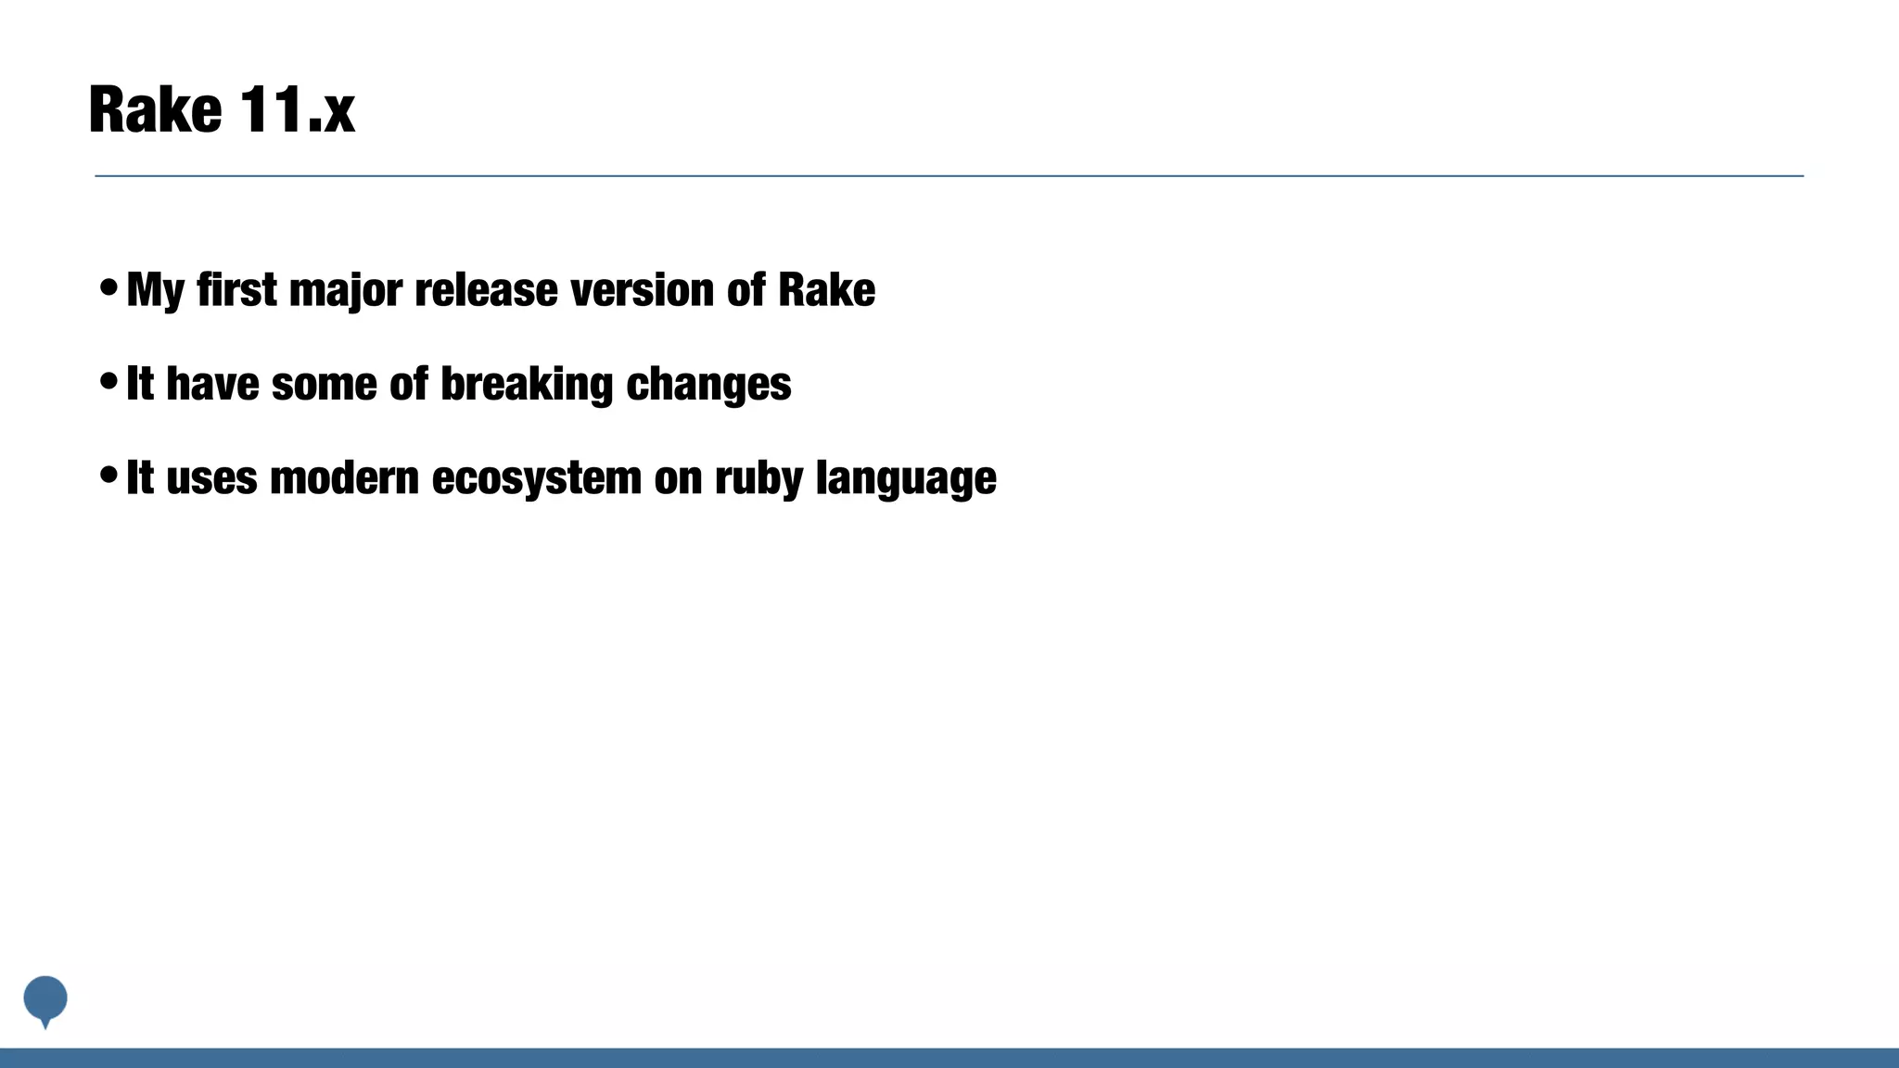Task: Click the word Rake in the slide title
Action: tap(155, 110)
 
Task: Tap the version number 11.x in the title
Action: tap(297, 110)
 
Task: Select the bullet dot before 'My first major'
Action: tap(108, 287)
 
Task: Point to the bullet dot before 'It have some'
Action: tap(108, 381)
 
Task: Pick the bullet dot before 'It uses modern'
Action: tap(108, 475)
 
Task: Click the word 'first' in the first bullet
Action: tap(236, 289)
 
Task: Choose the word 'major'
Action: tap(345, 291)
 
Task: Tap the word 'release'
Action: tap(486, 289)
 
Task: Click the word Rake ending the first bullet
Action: tap(826, 289)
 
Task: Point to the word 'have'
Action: tap(212, 384)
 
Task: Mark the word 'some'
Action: tap(324, 384)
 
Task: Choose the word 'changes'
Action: tap(708, 385)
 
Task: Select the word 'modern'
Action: tap(344, 478)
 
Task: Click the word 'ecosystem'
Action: tap(536, 479)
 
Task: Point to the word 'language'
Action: tap(906, 479)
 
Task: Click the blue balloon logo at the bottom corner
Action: tap(45, 999)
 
